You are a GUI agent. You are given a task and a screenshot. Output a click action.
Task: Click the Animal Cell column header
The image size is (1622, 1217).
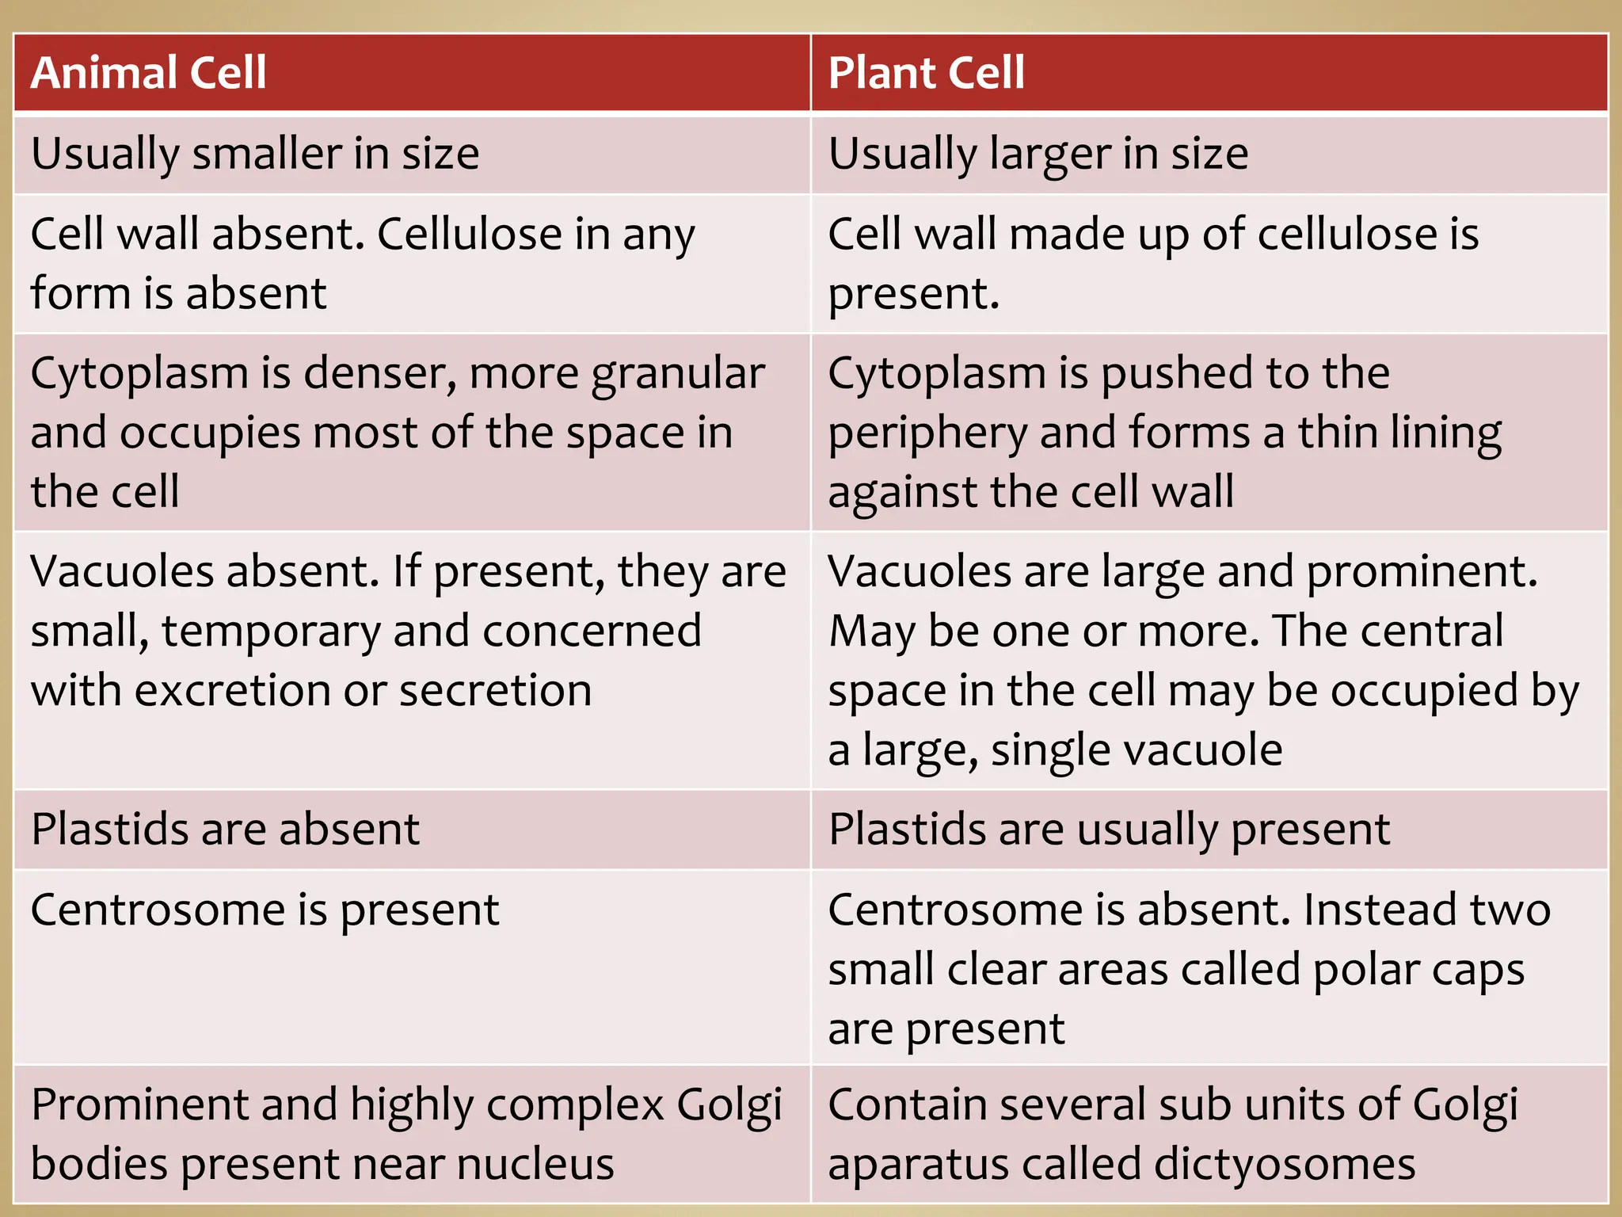(x=149, y=73)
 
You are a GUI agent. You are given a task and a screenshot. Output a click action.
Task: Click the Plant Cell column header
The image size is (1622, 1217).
(x=926, y=73)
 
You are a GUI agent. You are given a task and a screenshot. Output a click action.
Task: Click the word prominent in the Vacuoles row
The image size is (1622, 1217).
(x=1422, y=572)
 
